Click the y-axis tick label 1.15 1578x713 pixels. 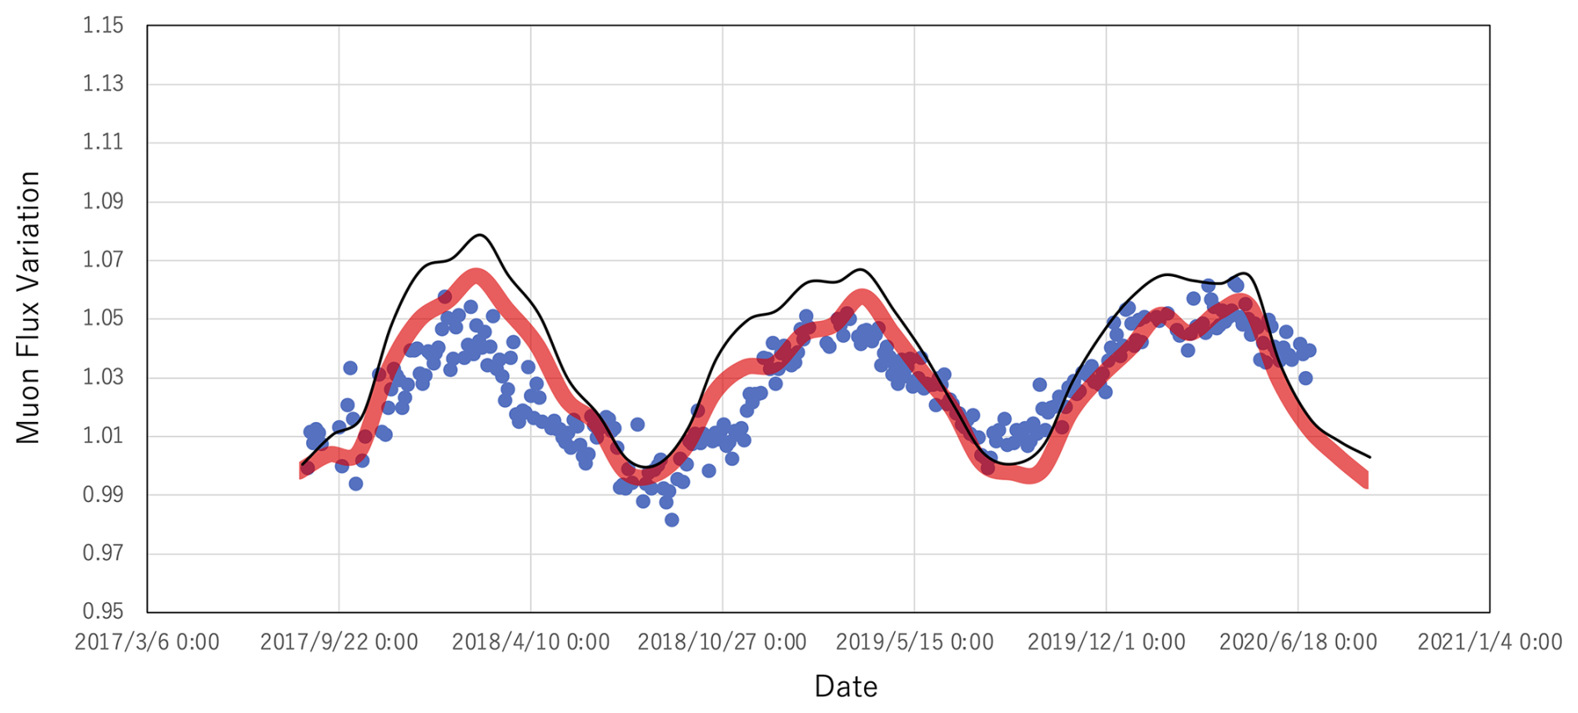point(103,26)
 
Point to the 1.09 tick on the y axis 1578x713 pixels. point(103,202)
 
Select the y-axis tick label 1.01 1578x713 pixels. point(103,436)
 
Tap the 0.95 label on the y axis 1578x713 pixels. point(103,612)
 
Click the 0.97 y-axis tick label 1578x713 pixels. point(103,553)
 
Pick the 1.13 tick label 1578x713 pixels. point(103,84)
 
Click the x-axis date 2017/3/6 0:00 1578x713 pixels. point(147,642)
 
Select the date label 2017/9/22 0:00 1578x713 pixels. point(339,642)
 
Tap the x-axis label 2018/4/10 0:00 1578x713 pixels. point(530,642)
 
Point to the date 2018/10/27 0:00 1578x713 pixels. point(722,642)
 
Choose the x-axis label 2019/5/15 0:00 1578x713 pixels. point(914,642)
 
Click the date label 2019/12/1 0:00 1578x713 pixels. point(1106,642)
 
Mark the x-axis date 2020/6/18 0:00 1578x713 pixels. point(1298,642)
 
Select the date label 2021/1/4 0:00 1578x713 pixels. point(1490,642)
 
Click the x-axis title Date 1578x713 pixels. point(846,686)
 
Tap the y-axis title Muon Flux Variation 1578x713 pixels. point(28,307)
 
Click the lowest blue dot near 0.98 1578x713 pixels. point(671,520)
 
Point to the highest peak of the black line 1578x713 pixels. point(480,235)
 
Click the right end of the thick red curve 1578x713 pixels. point(1365,480)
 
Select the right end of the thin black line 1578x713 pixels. point(1369,457)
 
